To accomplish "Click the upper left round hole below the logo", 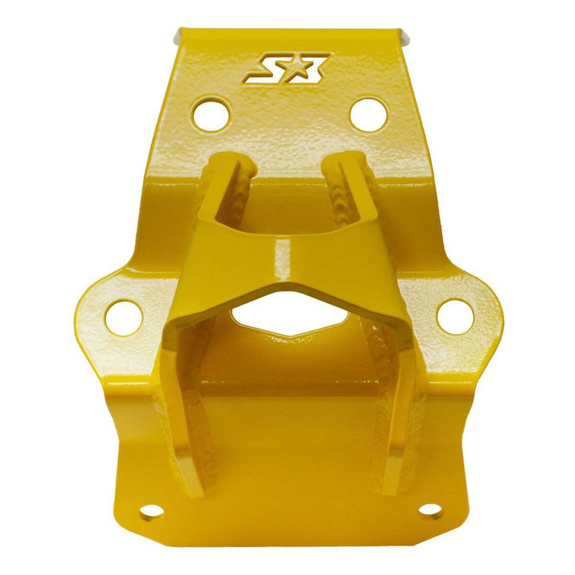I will (x=211, y=114).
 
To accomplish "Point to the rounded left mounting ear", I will (x=103, y=316).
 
